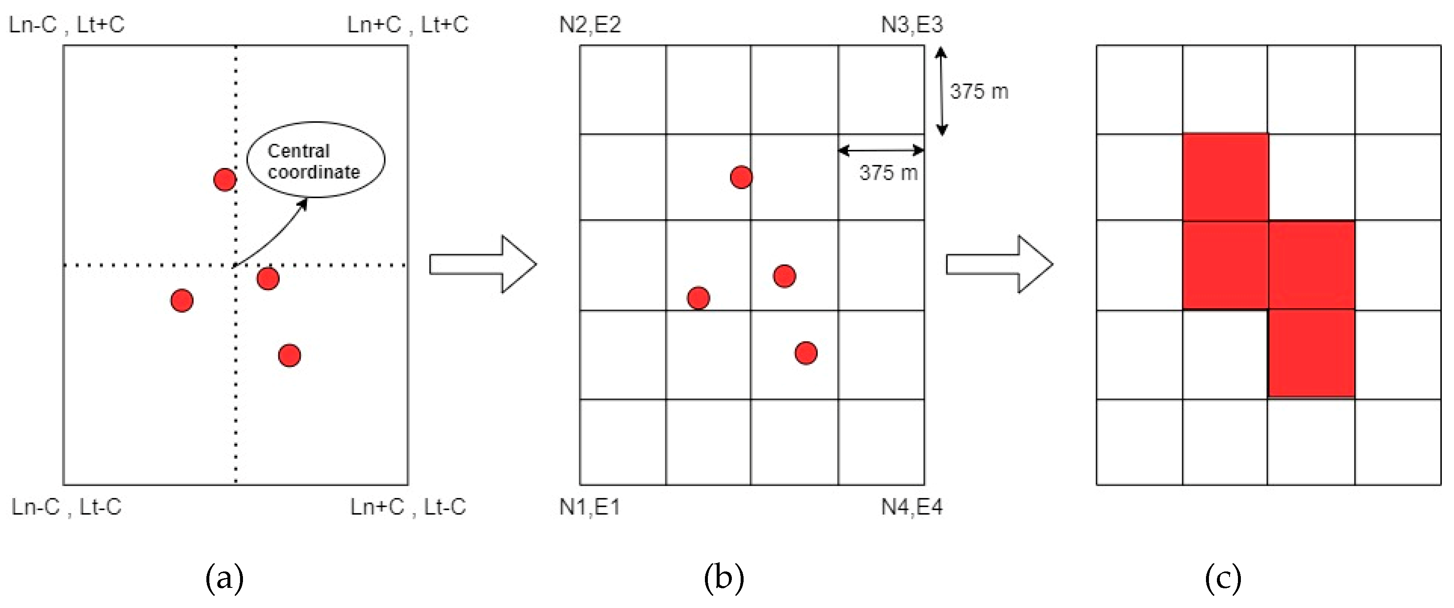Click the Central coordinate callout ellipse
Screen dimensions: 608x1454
coord(316,160)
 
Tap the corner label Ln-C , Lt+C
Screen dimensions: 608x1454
coord(66,25)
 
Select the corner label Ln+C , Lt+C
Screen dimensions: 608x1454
coord(407,25)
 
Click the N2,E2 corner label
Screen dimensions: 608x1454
coord(590,25)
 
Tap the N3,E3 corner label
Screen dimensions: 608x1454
coord(912,25)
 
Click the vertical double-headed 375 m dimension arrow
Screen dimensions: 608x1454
coord(941,92)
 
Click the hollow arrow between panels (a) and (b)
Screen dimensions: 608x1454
coord(483,264)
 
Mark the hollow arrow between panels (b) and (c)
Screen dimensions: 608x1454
coord(999,264)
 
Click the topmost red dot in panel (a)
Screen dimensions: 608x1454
coord(224,180)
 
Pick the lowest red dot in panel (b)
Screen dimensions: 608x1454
coord(805,353)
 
